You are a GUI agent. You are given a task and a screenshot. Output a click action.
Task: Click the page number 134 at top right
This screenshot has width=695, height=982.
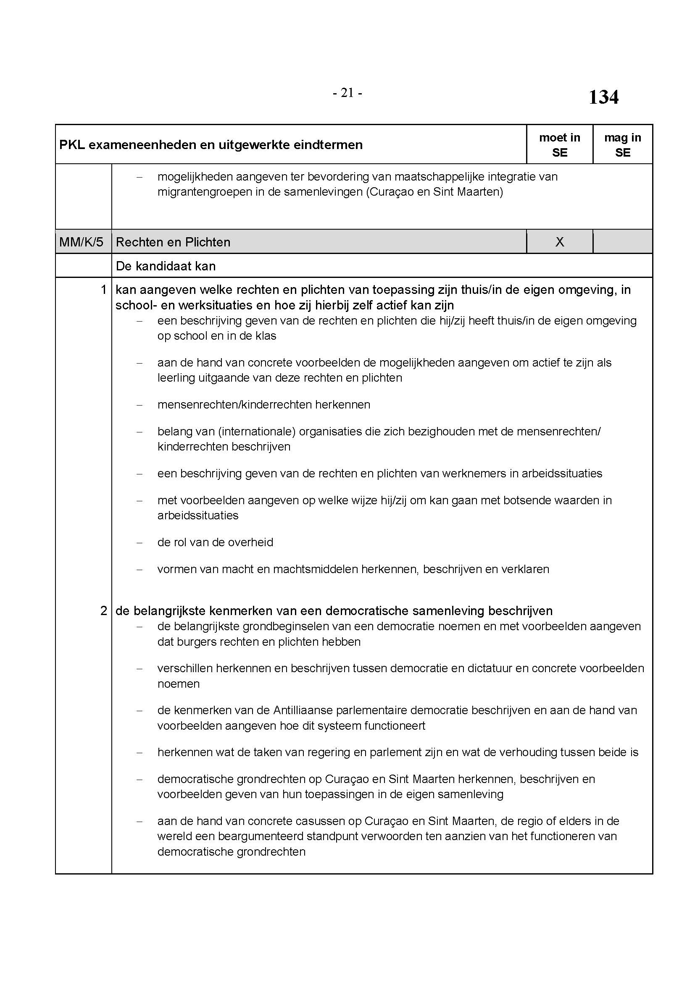point(603,97)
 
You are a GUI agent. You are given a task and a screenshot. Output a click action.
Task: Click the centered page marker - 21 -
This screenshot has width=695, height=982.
point(347,93)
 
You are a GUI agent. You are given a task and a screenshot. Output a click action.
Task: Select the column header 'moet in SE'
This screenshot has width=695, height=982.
point(559,145)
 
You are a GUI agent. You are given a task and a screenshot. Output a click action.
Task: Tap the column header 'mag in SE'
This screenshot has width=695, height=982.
point(622,145)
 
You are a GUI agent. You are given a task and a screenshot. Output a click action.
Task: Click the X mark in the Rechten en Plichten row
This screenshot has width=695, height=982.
point(559,242)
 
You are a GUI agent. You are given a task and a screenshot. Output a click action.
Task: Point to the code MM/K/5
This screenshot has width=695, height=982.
point(82,242)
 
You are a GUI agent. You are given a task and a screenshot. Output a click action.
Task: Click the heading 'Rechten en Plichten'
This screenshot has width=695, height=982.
point(173,242)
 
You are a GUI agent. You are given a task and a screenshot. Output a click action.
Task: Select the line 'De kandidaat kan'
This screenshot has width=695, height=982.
point(166,266)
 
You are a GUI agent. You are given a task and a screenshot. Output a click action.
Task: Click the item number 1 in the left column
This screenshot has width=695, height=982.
point(103,290)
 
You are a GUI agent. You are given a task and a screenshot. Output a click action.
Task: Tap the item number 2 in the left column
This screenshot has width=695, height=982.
point(103,611)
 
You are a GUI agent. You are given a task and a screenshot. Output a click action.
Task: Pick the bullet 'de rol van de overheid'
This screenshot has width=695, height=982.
point(215,542)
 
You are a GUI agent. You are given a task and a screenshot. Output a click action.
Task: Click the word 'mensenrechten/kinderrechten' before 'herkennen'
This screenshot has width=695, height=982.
point(234,405)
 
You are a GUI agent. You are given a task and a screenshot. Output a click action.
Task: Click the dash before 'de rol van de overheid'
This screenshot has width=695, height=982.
point(139,542)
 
